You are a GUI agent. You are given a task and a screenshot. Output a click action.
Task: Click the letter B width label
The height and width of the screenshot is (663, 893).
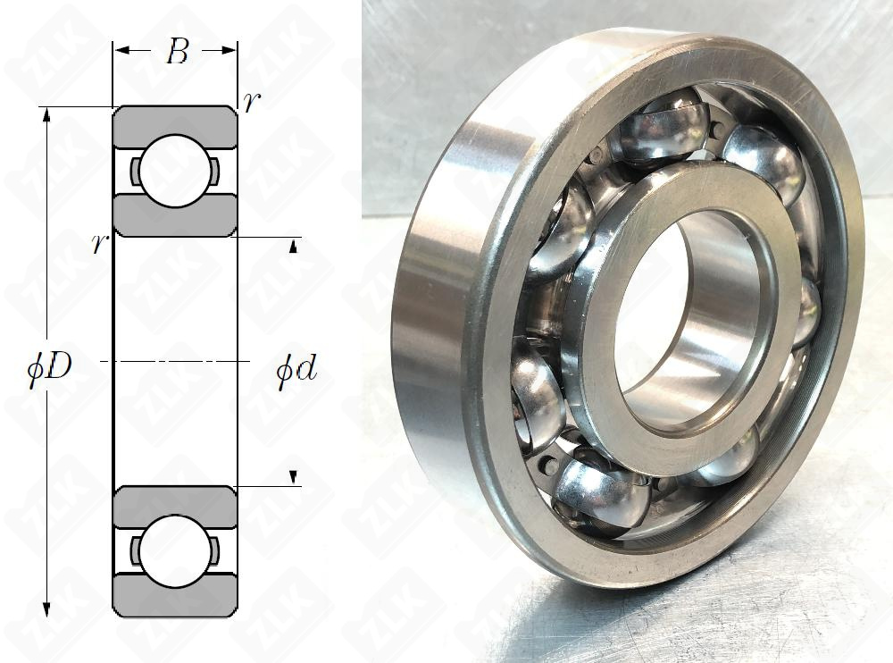(177, 53)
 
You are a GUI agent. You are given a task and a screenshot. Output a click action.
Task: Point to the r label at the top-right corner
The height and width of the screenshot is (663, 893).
(252, 101)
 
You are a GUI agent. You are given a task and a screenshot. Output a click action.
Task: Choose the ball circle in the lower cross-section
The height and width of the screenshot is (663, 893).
(174, 551)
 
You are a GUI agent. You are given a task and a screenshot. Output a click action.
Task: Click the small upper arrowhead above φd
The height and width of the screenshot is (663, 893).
(293, 247)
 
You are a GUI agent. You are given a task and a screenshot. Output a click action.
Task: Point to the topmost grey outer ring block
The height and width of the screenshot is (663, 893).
(174, 121)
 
